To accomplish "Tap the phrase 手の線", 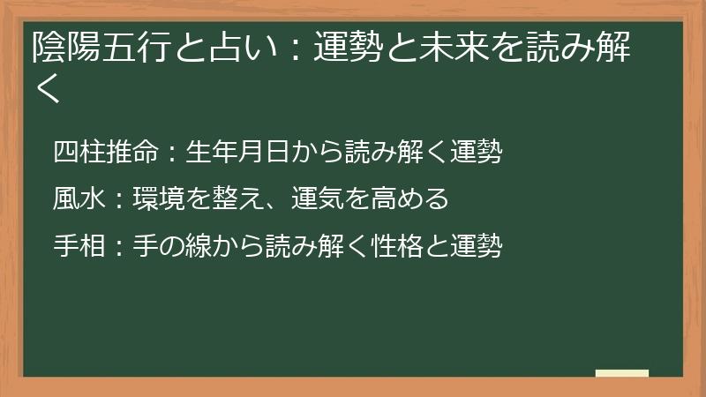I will point(172,246).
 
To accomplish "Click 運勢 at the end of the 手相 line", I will point(476,246).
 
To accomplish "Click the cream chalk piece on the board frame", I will point(621,373).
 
